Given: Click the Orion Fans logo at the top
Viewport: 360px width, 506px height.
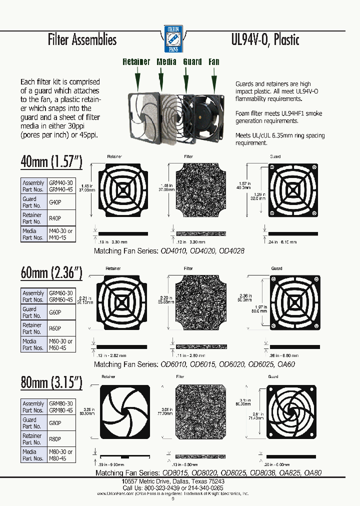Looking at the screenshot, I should tap(174, 39).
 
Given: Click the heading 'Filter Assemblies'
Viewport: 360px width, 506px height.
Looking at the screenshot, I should tap(82, 39).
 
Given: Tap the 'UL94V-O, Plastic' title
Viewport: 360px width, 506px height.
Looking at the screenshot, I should tap(265, 39).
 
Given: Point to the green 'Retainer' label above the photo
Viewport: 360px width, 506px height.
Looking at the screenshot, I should tap(136, 62).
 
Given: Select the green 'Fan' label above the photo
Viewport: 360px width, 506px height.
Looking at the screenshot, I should tap(214, 62).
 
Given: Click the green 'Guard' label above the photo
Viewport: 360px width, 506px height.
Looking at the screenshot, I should tap(192, 62).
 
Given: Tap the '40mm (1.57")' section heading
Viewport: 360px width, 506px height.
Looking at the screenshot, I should tap(51, 162).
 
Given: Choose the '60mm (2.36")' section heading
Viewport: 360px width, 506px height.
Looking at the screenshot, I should tap(51, 272).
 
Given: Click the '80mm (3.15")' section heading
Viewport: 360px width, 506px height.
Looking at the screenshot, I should tap(51, 383).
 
